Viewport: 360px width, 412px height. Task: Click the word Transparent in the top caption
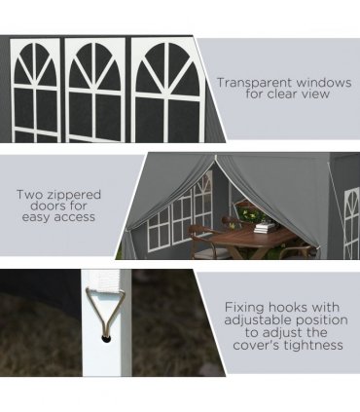tap(254, 83)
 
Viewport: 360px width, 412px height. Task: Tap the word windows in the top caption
tap(323, 83)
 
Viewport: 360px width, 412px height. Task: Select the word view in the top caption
tap(316, 94)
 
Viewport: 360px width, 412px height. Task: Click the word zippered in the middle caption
tap(75, 195)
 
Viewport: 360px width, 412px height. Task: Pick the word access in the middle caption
tap(74, 217)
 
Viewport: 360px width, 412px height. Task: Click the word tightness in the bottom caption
tap(313, 345)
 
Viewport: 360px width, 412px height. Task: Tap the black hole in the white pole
tap(106, 339)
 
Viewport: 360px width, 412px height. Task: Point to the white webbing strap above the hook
tap(105, 279)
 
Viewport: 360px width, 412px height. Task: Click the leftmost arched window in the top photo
tap(35, 91)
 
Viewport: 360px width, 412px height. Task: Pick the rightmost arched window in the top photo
tap(167, 90)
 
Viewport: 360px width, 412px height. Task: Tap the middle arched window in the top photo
tap(95, 90)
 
